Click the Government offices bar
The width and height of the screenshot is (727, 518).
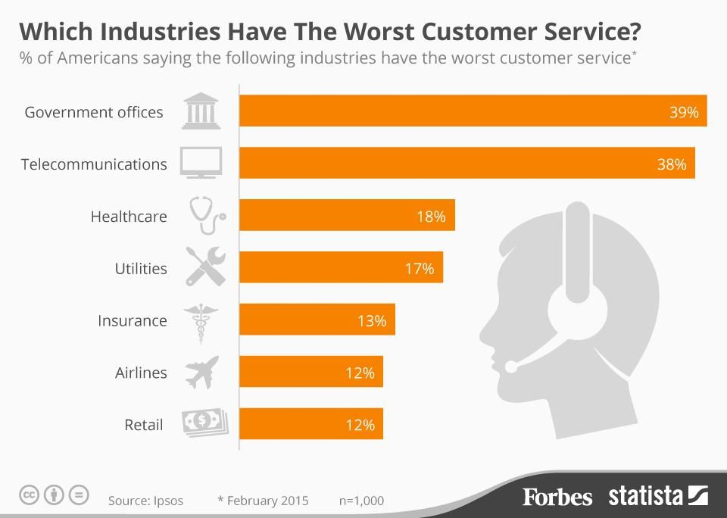(473, 111)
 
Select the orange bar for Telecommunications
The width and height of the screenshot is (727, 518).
(466, 164)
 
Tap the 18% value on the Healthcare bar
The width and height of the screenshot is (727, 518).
(430, 217)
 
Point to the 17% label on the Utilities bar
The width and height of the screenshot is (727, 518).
(419, 269)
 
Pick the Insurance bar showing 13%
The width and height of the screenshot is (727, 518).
(317, 320)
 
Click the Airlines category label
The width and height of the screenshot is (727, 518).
(141, 373)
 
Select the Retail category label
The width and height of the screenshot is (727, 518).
(144, 425)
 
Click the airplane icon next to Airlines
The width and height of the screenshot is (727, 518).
(202, 373)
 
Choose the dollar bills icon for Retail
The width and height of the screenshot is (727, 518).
(204, 423)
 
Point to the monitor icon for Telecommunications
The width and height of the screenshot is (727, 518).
(201, 163)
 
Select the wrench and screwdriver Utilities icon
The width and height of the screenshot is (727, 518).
(205, 268)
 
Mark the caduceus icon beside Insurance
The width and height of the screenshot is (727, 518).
(202, 321)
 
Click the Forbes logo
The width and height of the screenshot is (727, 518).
(557, 497)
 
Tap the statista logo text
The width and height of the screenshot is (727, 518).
(646, 497)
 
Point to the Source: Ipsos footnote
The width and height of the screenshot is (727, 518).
(145, 501)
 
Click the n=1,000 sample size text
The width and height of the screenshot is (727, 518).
(361, 501)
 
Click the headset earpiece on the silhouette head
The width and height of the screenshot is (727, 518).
(577, 308)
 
